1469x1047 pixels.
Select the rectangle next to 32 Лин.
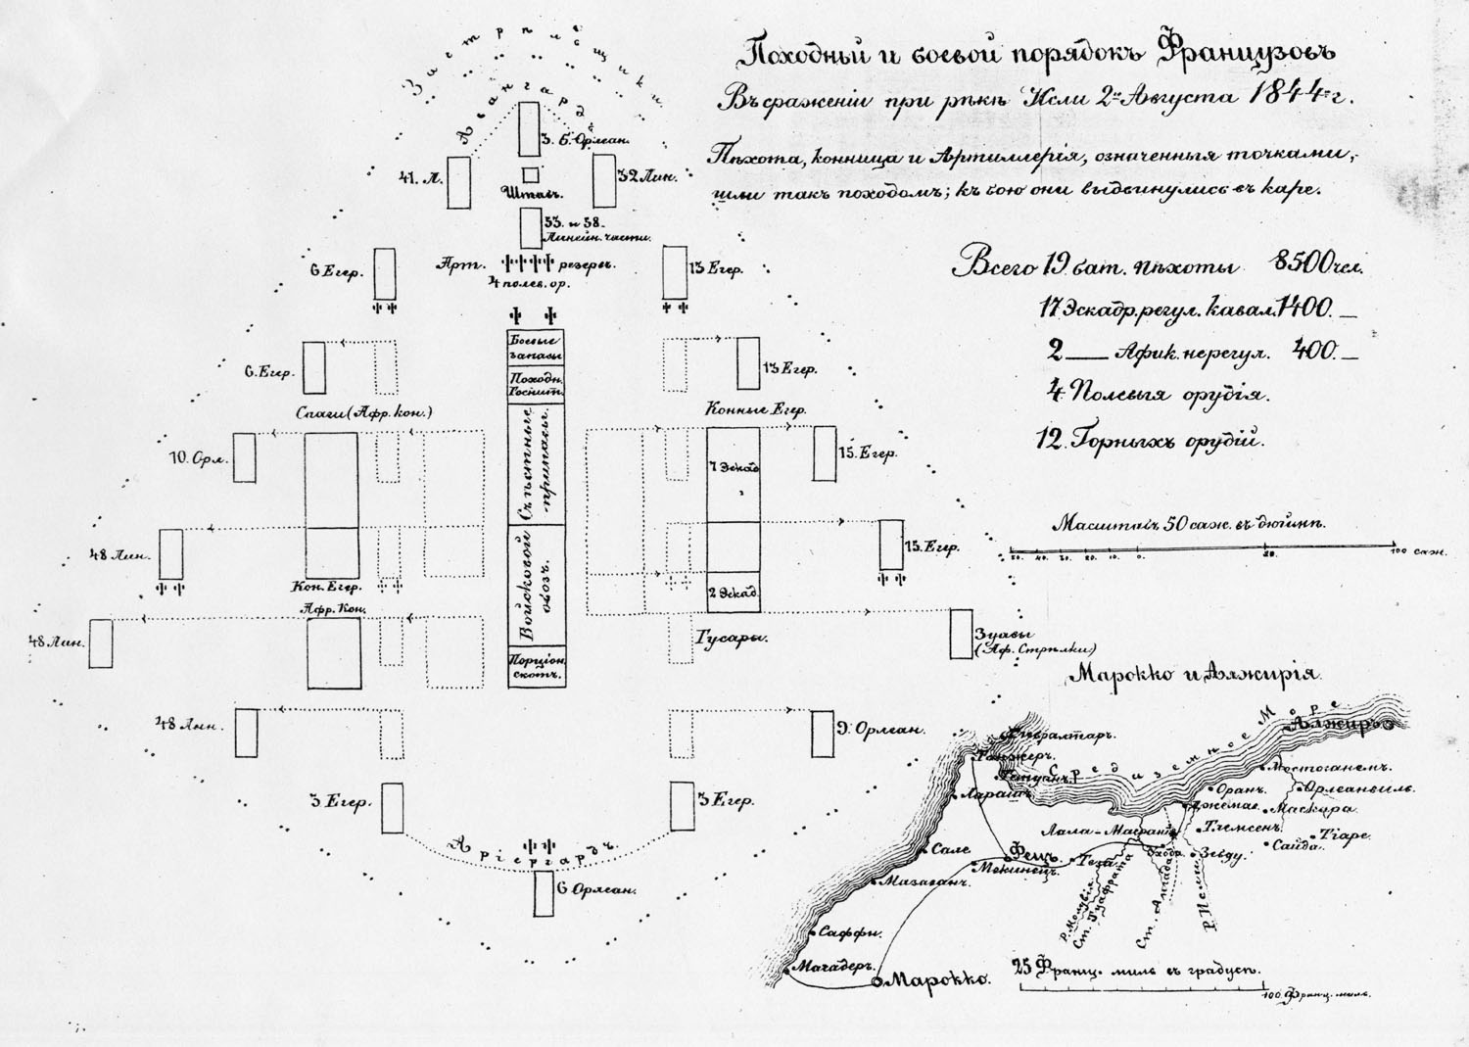tap(602, 180)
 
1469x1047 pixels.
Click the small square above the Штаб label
tap(530, 174)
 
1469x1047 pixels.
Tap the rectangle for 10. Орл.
tap(244, 455)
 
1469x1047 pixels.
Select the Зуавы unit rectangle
tap(961, 634)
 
